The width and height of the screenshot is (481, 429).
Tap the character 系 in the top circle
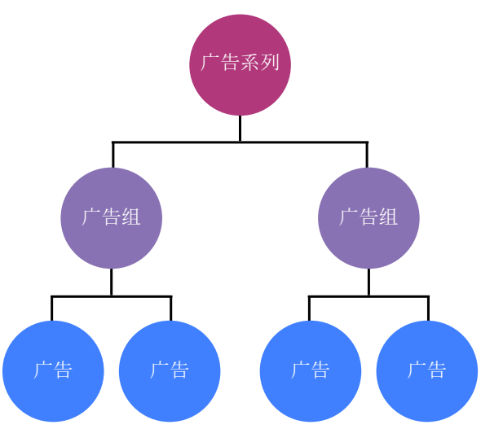click(x=250, y=63)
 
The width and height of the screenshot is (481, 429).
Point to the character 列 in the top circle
click(x=271, y=63)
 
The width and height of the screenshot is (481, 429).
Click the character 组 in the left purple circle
click(x=131, y=217)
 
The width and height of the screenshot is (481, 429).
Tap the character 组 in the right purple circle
click(x=389, y=217)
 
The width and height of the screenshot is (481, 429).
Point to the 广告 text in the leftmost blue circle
click(x=53, y=370)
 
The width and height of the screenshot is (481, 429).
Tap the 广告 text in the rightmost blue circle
click(x=427, y=370)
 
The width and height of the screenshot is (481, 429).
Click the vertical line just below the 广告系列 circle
click(x=240, y=129)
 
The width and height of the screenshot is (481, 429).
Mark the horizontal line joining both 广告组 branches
click(x=179, y=142)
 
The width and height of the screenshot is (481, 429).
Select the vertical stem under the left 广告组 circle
click(x=112, y=282)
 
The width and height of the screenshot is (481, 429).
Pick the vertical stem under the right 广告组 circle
click(x=368, y=282)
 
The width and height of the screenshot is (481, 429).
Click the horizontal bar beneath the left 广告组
click(x=82, y=296)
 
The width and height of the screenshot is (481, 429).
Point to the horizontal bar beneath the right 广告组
click(x=338, y=296)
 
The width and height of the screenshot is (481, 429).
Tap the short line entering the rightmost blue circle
click(x=428, y=309)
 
